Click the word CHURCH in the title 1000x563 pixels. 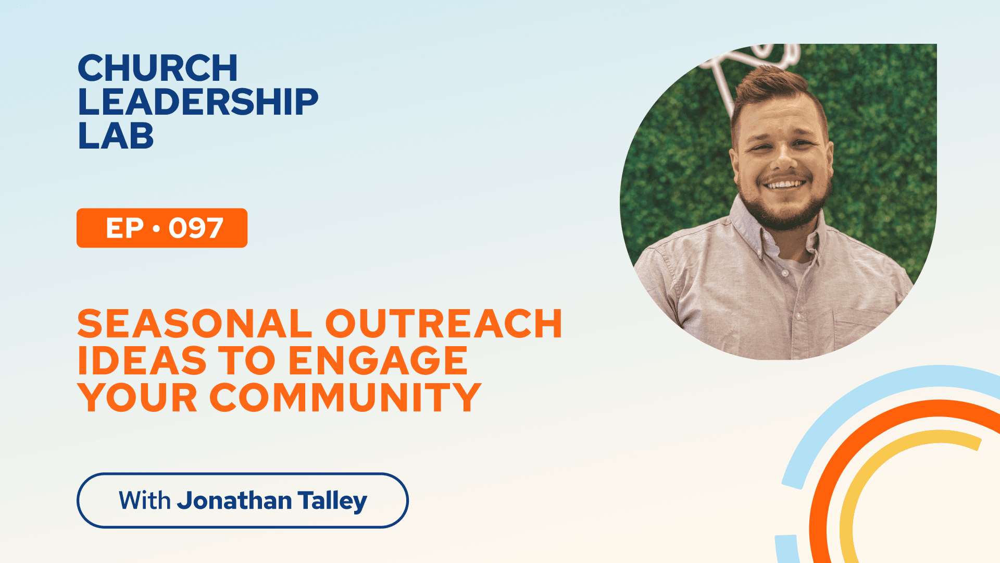pyautogui.click(x=158, y=68)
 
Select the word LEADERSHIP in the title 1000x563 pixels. pyautogui.click(x=198, y=102)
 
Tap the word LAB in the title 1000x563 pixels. pyautogui.click(x=116, y=136)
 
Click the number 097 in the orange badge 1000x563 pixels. pyautogui.click(x=196, y=228)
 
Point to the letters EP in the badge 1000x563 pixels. pyautogui.click(x=124, y=228)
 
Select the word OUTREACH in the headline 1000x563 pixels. pyautogui.click(x=444, y=324)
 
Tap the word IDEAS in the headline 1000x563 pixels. pyautogui.click(x=142, y=361)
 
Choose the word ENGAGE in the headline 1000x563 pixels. pyautogui.click(x=378, y=361)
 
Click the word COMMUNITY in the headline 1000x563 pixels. pyautogui.click(x=345, y=398)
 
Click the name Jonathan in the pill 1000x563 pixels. pyautogui.click(x=234, y=500)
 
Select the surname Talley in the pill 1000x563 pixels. pyautogui.click(x=333, y=501)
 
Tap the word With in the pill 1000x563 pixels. pyautogui.click(x=144, y=500)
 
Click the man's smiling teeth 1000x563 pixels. pyautogui.click(x=784, y=185)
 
